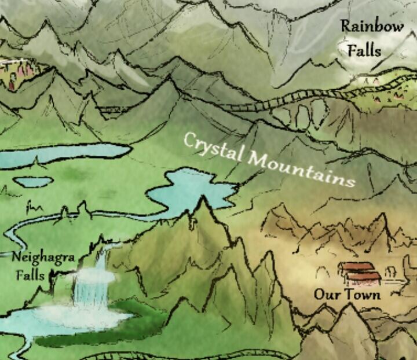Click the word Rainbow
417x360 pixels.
click(372, 27)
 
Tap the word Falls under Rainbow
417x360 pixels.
click(364, 50)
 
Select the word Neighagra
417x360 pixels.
click(43, 257)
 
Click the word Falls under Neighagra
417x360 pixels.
click(30, 274)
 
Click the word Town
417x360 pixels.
click(363, 295)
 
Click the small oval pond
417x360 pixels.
click(32, 182)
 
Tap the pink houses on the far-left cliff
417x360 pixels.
click(17, 72)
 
